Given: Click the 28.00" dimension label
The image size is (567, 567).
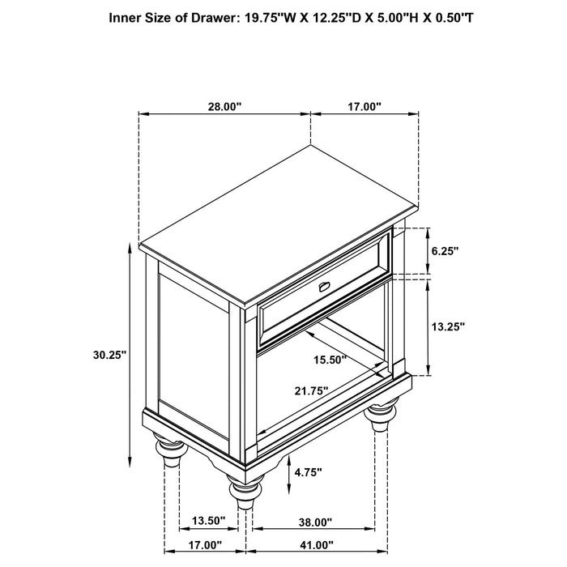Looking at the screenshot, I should [x=224, y=106].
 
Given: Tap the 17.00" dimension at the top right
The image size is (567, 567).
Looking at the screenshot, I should [x=364, y=106].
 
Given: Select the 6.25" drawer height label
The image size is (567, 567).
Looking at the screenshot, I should [x=445, y=252].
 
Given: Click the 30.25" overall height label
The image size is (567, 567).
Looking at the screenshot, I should [x=109, y=355].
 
